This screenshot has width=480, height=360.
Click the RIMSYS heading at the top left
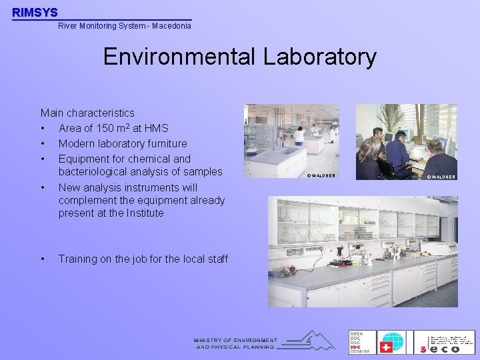35,12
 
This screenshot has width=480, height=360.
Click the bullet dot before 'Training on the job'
43,259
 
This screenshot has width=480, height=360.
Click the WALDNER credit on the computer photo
441,177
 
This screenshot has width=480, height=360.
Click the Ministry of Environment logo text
235,343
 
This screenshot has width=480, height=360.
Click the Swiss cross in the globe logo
386,347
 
